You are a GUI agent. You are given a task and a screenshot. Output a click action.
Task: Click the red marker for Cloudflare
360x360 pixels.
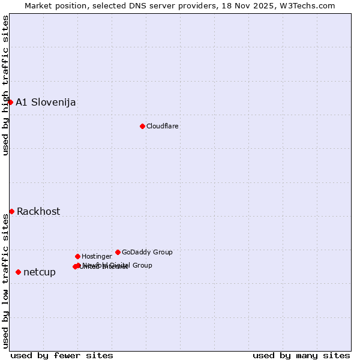[142, 126]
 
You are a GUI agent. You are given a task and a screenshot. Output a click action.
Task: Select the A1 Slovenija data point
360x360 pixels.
[10, 102]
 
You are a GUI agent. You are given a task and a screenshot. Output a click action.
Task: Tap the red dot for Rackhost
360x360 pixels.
[11, 211]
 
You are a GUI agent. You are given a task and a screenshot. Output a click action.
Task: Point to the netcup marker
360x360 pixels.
[18, 272]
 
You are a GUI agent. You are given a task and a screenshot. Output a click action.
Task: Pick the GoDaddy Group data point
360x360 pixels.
[118, 252]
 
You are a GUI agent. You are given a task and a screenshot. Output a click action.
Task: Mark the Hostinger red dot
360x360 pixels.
[77, 256]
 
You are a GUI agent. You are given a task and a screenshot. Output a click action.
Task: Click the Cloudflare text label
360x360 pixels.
[163, 126]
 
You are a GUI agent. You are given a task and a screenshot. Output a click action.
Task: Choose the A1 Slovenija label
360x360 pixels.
[46, 102]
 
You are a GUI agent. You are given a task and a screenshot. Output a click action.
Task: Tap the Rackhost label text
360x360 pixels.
[38, 211]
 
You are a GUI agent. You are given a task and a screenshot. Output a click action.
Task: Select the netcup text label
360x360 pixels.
[40, 272]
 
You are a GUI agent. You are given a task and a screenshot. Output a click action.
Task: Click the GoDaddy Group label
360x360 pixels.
[147, 252]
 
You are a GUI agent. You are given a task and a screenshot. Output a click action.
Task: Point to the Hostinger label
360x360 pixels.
[97, 256]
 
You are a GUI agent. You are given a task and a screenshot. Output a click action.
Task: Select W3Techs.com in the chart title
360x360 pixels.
[308, 5]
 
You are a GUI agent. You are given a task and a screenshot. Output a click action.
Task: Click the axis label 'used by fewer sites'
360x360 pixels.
[62, 355]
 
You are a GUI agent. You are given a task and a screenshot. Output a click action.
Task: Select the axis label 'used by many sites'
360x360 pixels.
[301, 355]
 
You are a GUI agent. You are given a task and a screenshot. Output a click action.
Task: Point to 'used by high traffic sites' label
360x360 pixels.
[5, 86]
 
